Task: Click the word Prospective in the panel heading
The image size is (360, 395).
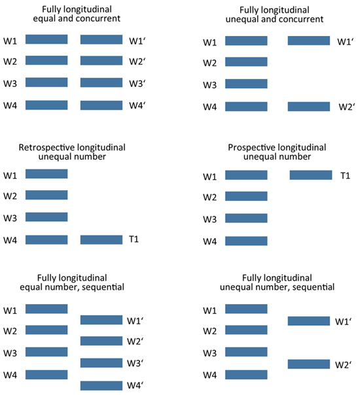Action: point(254,148)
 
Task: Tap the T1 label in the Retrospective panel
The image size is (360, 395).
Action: point(134,239)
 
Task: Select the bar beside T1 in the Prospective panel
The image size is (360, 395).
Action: point(311,175)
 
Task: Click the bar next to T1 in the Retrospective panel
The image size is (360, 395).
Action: point(101,240)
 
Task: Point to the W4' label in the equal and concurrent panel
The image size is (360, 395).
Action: point(137,105)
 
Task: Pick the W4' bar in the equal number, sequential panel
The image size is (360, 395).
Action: point(101,386)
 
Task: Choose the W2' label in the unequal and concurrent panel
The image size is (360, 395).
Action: point(347,107)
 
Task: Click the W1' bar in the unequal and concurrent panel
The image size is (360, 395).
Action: point(309,41)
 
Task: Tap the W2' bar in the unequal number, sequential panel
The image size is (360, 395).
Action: point(309,364)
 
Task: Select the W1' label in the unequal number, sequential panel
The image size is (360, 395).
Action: point(343,322)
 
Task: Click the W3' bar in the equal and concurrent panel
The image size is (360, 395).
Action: point(101,82)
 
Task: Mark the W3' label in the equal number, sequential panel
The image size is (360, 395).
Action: point(135,363)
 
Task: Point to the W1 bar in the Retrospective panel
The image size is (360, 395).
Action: point(46,174)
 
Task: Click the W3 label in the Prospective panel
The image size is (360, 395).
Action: point(209,219)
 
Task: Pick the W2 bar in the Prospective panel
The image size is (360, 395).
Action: point(246,196)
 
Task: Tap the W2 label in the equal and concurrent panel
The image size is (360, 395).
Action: point(10,61)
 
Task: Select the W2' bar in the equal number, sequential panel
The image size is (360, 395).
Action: point(101,341)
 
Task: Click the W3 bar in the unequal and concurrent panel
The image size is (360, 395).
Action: point(246,84)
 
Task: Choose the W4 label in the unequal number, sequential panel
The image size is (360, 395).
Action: point(209,375)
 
